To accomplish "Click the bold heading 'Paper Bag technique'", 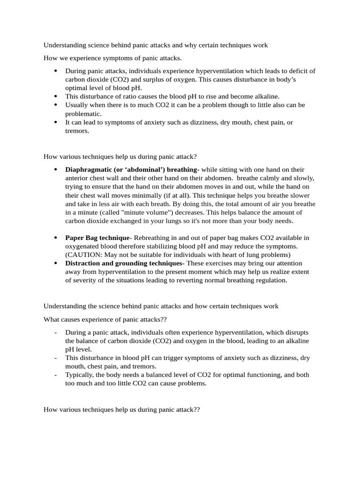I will pyautogui.click(x=97, y=238).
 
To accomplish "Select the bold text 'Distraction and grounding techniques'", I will pyautogui.click(x=124, y=263).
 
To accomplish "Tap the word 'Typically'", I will pyautogui.click(x=80, y=375).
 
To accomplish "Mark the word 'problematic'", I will pyautogui.click(x=83, y=113).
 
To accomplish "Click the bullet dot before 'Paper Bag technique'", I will pyautogui.click(x=56, y=238).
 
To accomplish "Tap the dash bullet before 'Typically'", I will pyautogui.click(x=56, y=375).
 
